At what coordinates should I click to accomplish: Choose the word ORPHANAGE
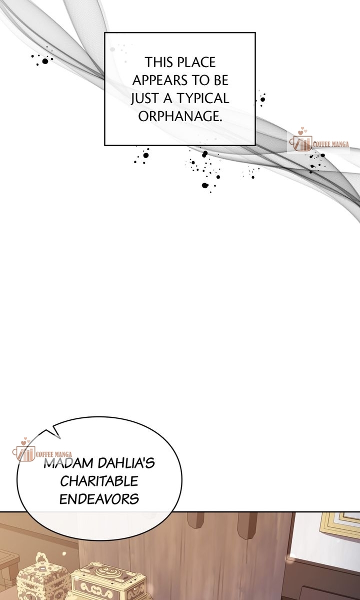click(180, 116)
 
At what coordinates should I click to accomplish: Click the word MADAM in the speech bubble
click(68, 463)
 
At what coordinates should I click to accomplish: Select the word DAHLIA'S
click(126, 463)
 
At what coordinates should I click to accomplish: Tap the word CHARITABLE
click(99, 481)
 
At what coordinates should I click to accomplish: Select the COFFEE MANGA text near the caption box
click(331, 144)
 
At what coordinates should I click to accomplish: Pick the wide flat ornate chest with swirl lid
click(108, 581)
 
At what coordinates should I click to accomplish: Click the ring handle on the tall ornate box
click(41, 558)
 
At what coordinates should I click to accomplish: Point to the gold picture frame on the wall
click(340, 525)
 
